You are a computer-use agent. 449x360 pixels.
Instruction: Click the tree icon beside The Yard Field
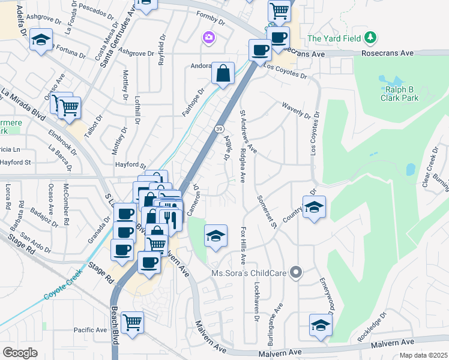[371, 38]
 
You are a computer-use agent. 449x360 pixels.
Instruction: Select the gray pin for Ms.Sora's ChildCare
[295, 273]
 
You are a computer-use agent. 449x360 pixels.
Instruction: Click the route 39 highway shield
[220, 129]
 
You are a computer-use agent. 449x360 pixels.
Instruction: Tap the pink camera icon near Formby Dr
[208, 38]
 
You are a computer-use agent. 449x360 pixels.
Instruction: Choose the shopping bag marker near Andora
[223, 74]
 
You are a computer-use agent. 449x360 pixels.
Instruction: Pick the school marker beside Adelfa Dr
[41, 41]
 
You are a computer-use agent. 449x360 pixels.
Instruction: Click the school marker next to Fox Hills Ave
[216, 235]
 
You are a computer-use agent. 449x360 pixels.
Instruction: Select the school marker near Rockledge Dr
[321, 325]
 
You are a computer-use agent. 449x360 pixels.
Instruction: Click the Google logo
[20, 353]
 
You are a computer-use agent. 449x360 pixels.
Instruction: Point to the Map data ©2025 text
[423, 355]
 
